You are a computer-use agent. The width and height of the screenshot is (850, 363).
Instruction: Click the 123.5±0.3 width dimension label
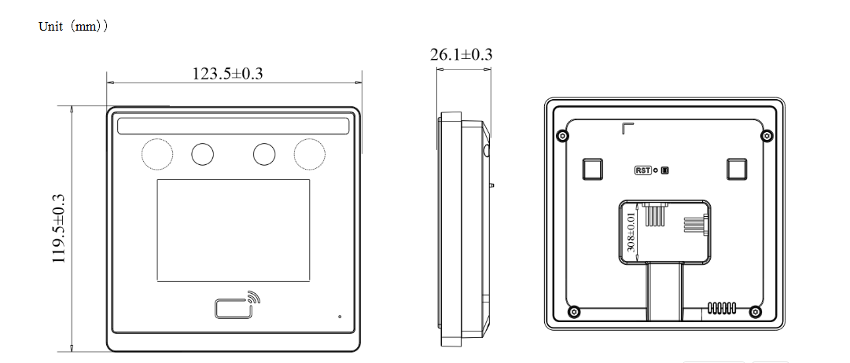227,74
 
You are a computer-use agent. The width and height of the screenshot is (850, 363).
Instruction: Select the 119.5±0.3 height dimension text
59,229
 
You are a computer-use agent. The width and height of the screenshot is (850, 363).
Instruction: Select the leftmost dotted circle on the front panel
156,153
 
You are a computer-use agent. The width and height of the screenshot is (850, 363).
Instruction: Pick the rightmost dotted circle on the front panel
308,153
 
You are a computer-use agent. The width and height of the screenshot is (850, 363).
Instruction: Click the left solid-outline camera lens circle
202,154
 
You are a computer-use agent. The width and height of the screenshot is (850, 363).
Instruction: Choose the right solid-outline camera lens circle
264,154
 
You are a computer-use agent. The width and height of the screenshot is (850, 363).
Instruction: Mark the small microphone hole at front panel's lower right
340,317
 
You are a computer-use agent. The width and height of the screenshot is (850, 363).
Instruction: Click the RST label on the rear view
643,170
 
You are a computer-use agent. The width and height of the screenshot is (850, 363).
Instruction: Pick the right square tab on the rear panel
738,169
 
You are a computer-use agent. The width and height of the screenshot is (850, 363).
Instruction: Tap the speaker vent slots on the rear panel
721,307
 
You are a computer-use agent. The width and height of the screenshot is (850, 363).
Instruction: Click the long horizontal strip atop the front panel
233,126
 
